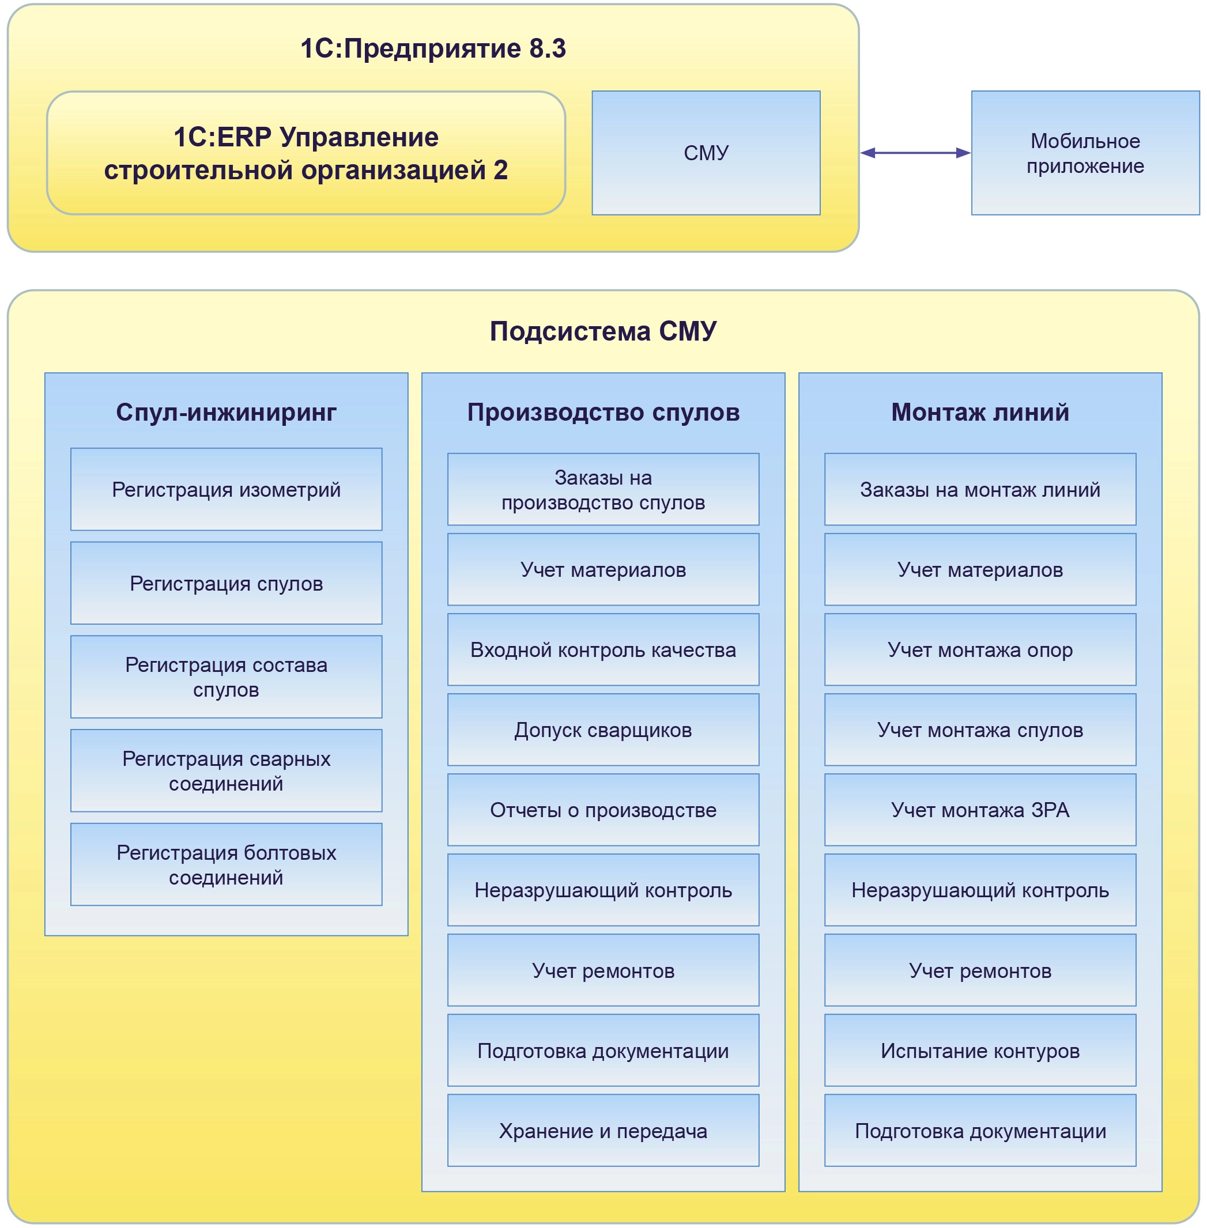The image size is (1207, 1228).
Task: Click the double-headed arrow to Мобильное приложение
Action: pos(915,153)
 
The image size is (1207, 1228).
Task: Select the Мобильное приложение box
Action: pos(1085,153)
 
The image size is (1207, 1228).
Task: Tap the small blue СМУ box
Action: pos(706,153)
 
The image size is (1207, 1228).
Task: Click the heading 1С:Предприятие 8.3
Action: pos(433,49)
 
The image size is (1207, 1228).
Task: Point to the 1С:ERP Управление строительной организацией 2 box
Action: pos(305,153)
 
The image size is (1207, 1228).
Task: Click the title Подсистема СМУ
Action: pos(603,331)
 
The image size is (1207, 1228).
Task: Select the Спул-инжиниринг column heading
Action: pos(227,413)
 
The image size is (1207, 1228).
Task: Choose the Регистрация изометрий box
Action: pos(227,489)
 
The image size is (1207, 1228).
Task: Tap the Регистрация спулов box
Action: pos(227,583)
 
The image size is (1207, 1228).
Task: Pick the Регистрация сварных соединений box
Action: pos(227,770)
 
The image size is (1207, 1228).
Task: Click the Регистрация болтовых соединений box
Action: pos(227,864)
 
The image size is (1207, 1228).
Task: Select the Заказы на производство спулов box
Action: pos(603,489)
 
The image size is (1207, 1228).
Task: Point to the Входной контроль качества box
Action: pos(603,649)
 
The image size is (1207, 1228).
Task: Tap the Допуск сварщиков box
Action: pos(603,730)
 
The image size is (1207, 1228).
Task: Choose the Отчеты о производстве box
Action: pos(603,810)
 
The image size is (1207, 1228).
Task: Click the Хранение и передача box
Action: pos(603,1131)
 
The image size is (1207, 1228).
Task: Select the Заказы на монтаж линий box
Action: pos(979,489)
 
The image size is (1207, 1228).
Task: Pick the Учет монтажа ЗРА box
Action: pos(979,810)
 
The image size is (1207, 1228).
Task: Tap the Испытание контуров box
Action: pos(979,1051)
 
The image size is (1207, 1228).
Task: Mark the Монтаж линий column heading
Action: pos(979,413)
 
